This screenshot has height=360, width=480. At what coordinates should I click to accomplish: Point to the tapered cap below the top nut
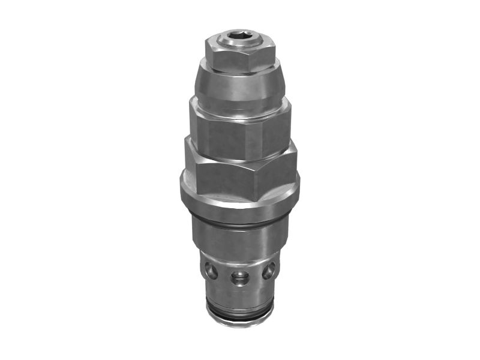240,87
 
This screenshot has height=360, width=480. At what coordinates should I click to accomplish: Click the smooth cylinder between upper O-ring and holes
240,240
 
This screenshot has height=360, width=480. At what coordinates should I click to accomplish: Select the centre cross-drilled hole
240,277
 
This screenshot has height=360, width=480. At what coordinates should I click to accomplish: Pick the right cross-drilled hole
268,271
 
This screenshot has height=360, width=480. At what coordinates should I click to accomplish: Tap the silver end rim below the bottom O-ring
240,323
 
